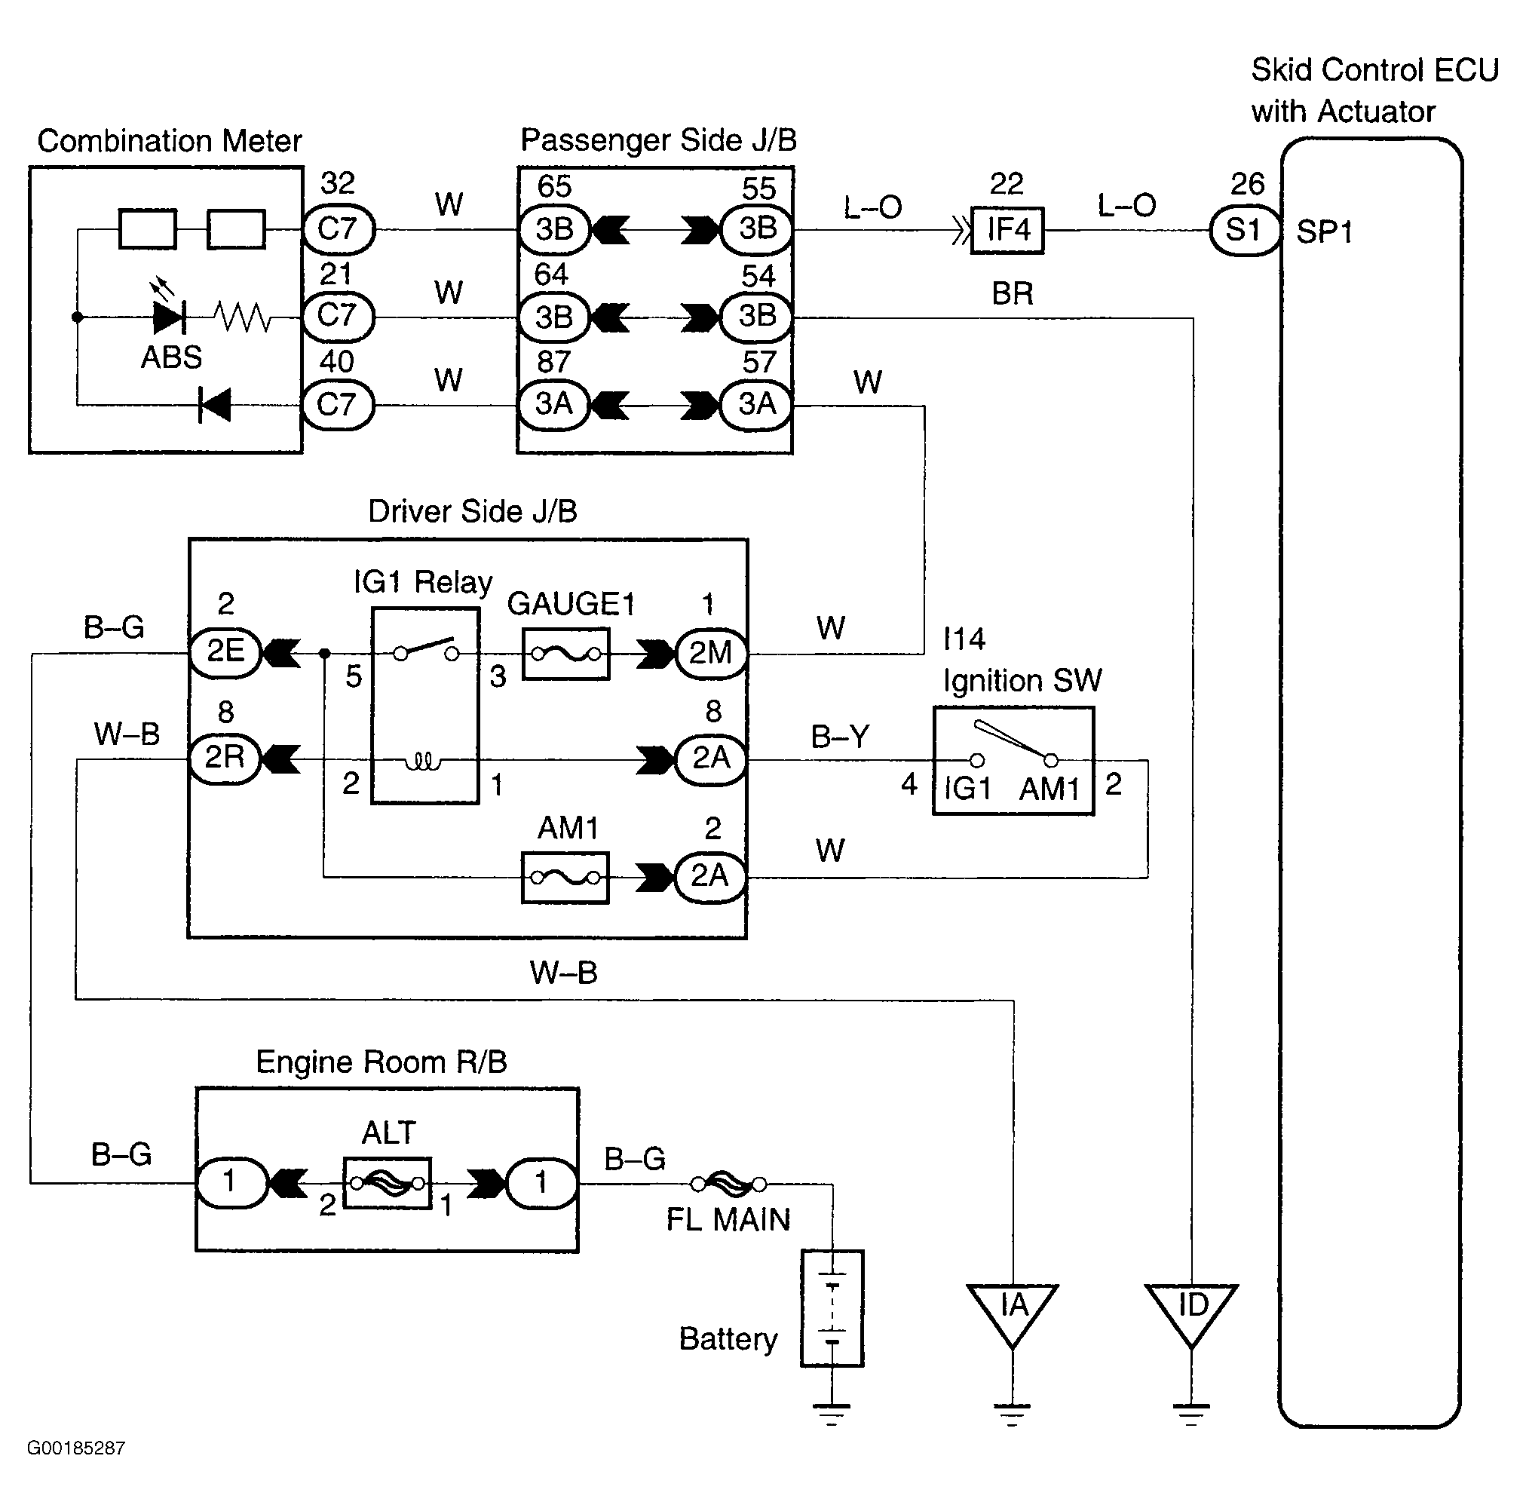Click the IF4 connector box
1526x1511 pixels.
[1007, 230]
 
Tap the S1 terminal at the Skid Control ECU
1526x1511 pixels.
[1244, 231]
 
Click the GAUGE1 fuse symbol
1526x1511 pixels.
[565, 653]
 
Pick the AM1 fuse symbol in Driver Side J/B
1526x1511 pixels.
[565, 877]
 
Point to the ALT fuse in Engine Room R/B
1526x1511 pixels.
[387, 1182]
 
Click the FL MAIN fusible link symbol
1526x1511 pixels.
[728, 1183]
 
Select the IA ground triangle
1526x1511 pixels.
[1012, 1312]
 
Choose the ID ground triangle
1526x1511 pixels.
[1191, 1312]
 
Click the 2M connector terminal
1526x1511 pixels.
[711, 653]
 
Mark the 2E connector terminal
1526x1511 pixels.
[225, 652]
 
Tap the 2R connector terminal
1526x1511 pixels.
[225, 758]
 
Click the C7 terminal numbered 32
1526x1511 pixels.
[338, 229]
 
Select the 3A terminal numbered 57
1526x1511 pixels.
[757, 404]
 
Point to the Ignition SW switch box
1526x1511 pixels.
[1013, 760]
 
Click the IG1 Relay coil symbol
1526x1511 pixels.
[424, 762]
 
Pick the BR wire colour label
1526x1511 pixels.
[1012, 294]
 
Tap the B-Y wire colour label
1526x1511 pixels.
[840, 736]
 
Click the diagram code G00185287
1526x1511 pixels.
[76, 1447]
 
